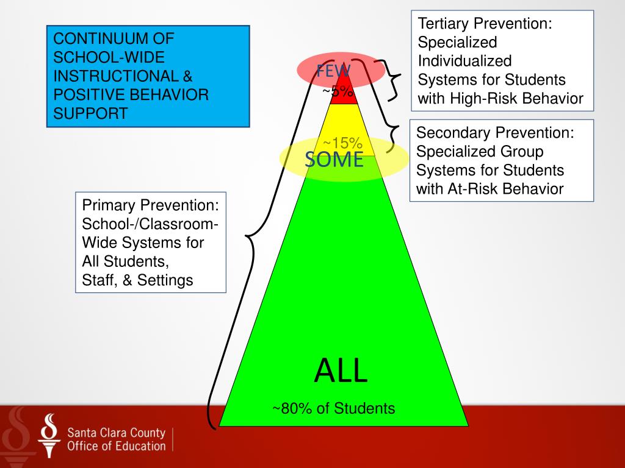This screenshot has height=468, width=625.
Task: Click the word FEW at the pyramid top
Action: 333,71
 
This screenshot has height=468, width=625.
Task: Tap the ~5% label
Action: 338,91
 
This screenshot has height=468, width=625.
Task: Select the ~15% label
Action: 342,144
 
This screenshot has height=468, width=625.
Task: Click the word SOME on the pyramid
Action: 334,160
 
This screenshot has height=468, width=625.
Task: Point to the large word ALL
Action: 341,370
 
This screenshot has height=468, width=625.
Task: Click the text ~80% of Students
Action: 333,408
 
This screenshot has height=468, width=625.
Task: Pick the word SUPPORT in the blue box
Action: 91,114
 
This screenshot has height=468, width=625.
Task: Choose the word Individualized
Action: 464,61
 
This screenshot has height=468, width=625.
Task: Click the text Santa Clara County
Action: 116,433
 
